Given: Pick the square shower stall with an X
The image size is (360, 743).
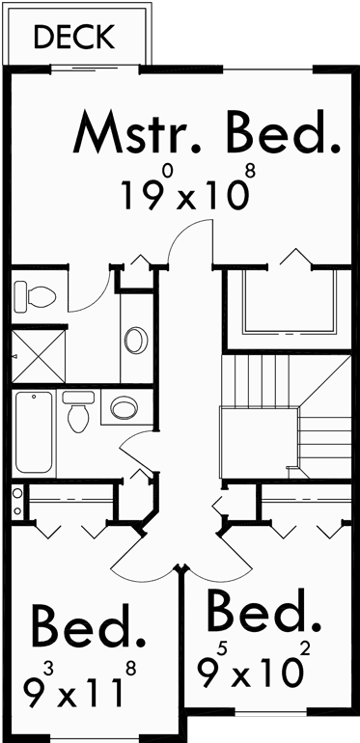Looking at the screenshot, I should click(35, 357).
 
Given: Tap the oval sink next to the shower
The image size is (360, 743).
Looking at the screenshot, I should click(136, 341).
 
